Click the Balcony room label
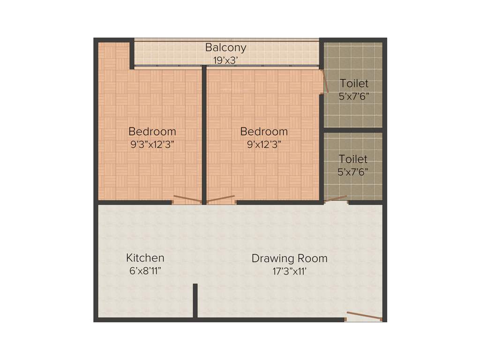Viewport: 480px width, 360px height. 225,48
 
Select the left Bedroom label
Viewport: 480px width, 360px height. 152,131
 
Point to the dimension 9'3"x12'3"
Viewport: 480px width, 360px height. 152,144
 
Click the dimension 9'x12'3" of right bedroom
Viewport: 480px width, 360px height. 264,144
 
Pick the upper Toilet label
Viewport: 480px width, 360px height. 354,84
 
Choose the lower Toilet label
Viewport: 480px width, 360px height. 353,159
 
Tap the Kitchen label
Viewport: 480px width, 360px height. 145,258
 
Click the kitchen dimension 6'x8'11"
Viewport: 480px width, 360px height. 145,270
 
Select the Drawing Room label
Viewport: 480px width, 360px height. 289,258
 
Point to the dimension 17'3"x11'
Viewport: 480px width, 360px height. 289,270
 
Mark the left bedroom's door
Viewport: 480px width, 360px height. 187,200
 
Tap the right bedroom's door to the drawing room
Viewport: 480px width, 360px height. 220,199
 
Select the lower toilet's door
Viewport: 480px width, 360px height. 336,199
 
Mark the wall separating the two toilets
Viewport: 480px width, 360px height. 353,130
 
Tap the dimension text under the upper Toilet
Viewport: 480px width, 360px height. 354,97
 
